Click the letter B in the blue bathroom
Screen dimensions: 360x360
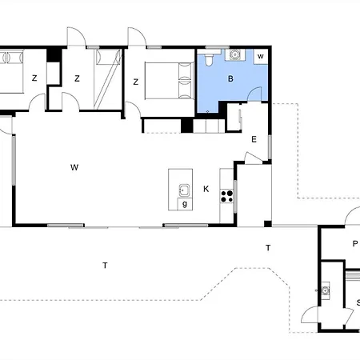[x=230, y=78]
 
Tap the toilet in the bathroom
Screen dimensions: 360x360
[x=209, y=60]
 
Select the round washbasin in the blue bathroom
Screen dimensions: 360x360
[x=234, y=54]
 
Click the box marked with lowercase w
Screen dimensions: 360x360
[x=261, y=56]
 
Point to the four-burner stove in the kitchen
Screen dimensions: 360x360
[x=226, y=196]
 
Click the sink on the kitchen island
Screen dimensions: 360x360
[x=184, y=190]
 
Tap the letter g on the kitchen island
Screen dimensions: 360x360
[x=185, y=204]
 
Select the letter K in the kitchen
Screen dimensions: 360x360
[x=206, y=189]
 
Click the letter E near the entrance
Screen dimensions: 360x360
[x=254, y=139]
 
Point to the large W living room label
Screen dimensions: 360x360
[x=74, y=167]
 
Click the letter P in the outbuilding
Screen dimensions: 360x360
[x=355, y=243]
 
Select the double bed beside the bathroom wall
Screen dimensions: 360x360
[x=170, y=81]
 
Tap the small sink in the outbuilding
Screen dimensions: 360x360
[x=325, y=290]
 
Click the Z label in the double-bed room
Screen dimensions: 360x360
[x=136, y=82]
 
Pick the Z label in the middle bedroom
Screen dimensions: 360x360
[x=77, y=78]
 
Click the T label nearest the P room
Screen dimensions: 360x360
[x=268, y=248]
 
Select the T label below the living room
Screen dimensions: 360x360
[x=105, y=266]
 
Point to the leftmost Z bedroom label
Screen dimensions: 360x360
[x=34, y=78]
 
